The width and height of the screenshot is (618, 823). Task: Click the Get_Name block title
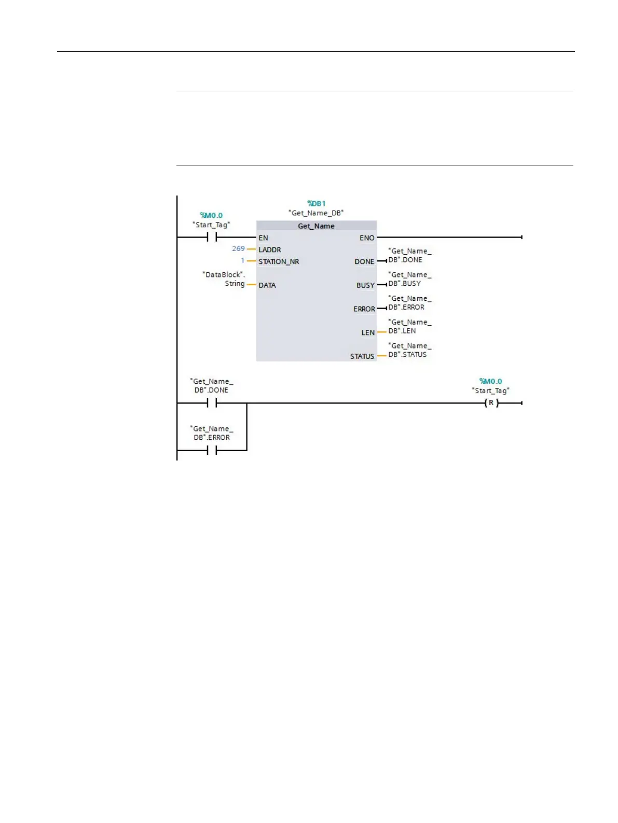[x=316, y=226]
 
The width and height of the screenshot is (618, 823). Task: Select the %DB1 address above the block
[x=316, y=204]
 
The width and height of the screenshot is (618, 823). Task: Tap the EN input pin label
[x=264, y=238]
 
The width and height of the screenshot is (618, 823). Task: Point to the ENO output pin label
[x=367, y=238]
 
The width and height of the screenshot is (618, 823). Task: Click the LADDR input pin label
[x=270, y=250]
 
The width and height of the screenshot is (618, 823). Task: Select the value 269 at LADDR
[x=238, y=249]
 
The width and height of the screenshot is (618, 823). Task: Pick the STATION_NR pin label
[x=279, y=262]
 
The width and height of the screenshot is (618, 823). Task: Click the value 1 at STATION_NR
[x=242, y=261]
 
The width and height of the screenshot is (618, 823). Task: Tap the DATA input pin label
[x=267, y=285]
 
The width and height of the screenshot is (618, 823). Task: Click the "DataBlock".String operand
[x=224, y=279]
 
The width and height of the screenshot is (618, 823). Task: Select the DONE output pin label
[x=364, y=262]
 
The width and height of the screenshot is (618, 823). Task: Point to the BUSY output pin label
[x=365, y=285]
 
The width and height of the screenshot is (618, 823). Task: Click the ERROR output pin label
[x=364, y=309]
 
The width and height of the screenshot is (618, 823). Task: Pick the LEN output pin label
[x=368, y=333]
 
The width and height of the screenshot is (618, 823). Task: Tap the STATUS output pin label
[x=362, y=357]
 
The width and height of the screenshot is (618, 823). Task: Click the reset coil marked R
[x=491, y=403]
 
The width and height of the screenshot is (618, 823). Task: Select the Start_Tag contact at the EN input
[x=212, y=238]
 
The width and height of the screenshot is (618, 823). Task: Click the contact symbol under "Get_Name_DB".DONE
[x=212, y=403]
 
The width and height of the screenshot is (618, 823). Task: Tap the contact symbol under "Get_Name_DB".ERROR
[x=212, y=451]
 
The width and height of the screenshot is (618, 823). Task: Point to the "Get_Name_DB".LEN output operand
[x=409, y=327]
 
